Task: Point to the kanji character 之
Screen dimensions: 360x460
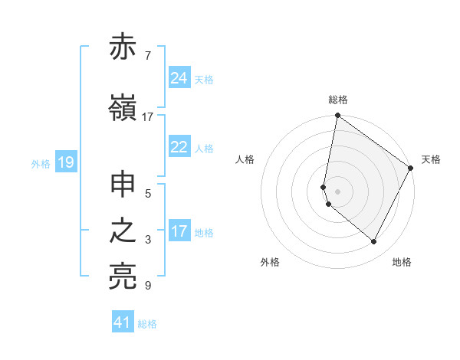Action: click(123, 232)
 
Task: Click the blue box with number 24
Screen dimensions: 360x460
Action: click(179, 78)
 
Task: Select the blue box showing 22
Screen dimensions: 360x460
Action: click(179, 148)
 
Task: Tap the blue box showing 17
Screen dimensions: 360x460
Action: click(179, 232)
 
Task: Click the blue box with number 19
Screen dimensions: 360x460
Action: click(65, 162)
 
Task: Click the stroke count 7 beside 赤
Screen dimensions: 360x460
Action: click(147, 55)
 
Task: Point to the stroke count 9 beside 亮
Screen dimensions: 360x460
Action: click(147, 286)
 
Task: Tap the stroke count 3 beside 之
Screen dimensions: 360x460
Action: click(147, 240)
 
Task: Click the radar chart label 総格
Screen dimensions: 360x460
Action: click(338, 100)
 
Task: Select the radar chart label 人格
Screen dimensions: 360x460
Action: click(245, 159)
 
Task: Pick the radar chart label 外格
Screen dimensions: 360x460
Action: click(270, 262)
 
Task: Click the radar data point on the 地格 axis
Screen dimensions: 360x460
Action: click(374, 242)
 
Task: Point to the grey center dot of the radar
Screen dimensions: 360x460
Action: click(338, 191)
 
